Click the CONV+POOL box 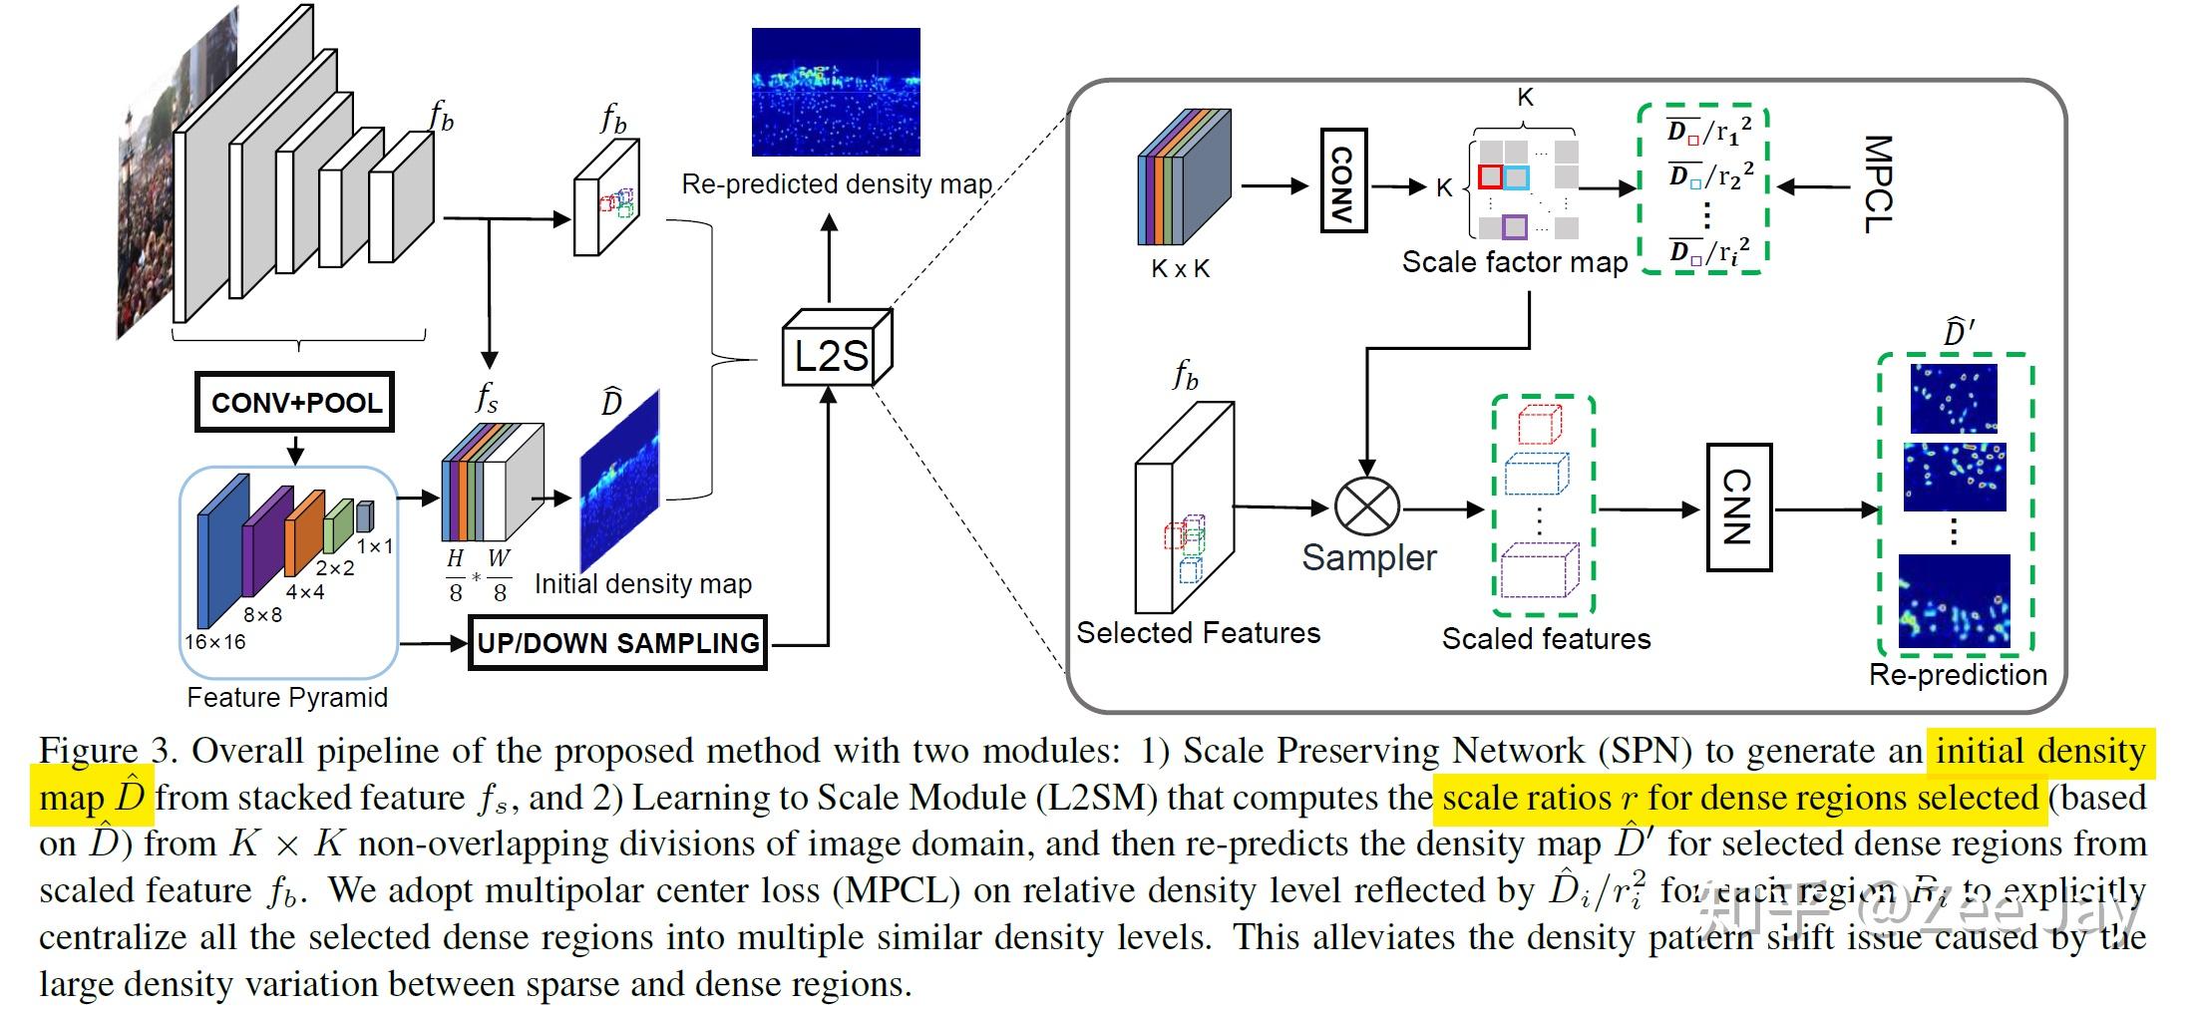tap(295, 403)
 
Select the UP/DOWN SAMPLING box tap(617, 643)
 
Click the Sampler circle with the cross tap(1367, 506)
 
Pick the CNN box tap(1738, 507)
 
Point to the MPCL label tap(1877, 184)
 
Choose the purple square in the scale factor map tap(1515, 227)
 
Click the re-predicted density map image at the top tap(836, 92)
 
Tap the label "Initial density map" tap(643, 584)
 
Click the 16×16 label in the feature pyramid tap(214, 642)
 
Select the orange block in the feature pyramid tap(305, 533)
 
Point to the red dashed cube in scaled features tap(1539, 425)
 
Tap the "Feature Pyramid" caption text tap(287, 697)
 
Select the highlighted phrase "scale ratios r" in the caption tap(1538, 798)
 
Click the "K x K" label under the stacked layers tap(1180, 268)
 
